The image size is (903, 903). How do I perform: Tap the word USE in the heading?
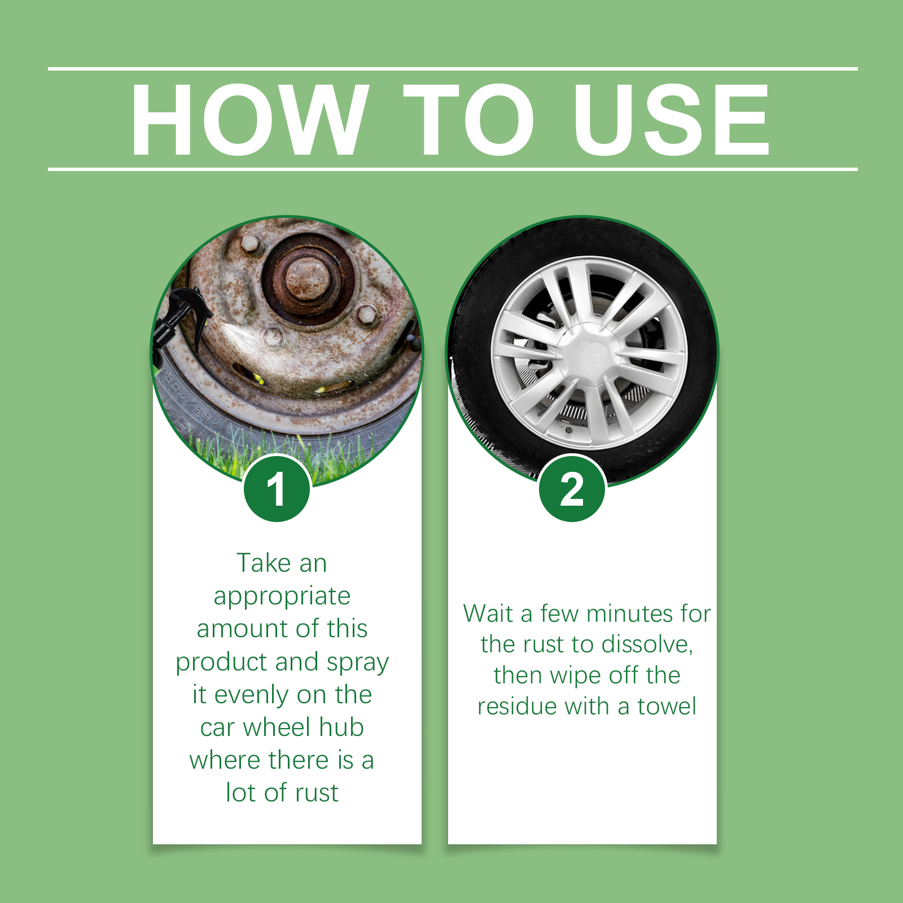pyautogui.click(x=671, y=120)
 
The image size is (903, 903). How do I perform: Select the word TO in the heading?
pyautogui.click(x=468, y=120)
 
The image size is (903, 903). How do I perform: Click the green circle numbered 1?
pyautogui.click(x=277, y=489)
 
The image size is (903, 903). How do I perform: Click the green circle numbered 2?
pyautogui.click(x=572, y=489)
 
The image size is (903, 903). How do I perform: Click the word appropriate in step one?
pyautogui.click(x=282, y=596)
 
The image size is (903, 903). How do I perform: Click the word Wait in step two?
pyautogui.click(x=488, y=613)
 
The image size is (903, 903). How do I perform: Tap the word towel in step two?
pyautogui.click(x=667, y=706)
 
